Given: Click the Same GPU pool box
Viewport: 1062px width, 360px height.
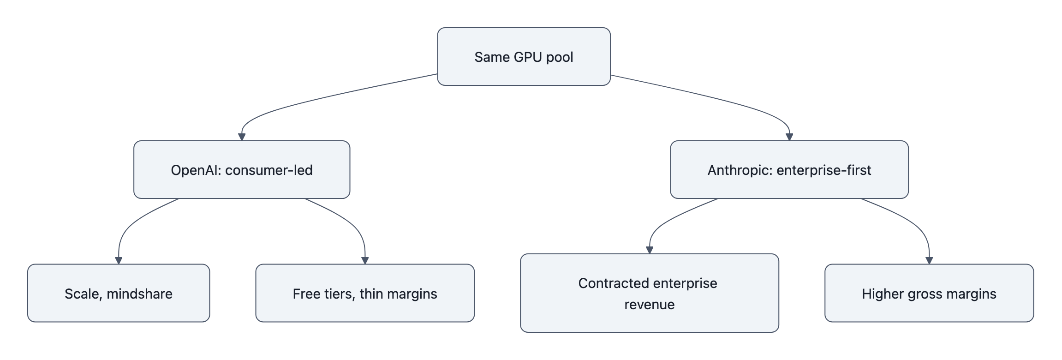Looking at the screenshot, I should coord(524,56).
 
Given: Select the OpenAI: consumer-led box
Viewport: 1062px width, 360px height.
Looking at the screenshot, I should coord(242,169).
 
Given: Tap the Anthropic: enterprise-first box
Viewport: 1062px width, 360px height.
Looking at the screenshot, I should coord(789,169).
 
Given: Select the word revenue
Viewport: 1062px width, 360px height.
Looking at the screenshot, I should coord(649,305).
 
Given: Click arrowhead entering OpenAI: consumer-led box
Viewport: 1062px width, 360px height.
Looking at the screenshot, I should coord(242,137).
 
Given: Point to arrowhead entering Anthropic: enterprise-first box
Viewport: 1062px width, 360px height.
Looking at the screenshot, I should coord(789,137).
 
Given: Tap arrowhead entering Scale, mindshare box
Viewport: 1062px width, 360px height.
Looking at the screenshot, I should coord(119,260).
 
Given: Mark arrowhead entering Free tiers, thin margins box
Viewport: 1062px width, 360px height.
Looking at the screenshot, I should coord(365,260).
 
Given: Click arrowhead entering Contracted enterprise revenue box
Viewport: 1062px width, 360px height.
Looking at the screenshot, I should coord(649,250).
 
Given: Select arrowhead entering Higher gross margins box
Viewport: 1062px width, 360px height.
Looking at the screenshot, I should coord(929,260).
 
